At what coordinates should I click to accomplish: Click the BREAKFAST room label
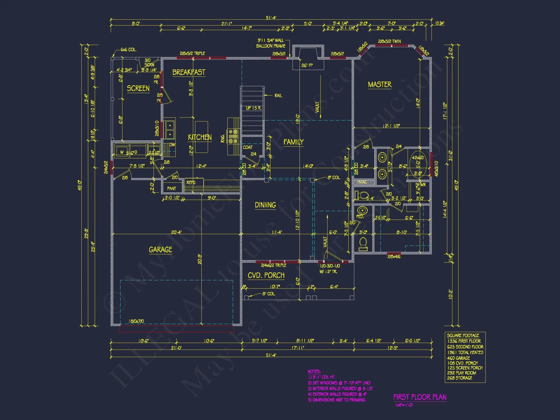tap(189, 72)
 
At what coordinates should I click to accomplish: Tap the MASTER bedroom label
tap(379, 85)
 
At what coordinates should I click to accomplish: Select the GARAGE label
tap(160, 249)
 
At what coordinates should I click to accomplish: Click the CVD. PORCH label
tap(266, 276)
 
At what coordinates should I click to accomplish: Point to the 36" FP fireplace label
tap(307, 66)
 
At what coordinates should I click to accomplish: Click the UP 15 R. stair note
tap(253, 108)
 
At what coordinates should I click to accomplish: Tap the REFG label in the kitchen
tap(191, 182)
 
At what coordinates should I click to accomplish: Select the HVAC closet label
tap(362, 182)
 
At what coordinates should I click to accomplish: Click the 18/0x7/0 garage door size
tap(136, 321)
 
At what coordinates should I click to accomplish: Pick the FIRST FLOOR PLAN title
tap(420, 397)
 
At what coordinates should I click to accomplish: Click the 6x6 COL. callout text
tap(129, 50)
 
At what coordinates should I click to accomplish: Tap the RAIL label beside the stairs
tap(278, 95)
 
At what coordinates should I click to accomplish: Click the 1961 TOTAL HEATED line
tap(465, 353)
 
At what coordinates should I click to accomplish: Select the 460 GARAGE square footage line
tap(458, 358)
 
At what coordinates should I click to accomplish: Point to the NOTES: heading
tap(314, 372)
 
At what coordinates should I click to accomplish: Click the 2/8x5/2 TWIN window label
tap(389, 41)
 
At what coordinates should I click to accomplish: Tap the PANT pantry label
tap(172, 188)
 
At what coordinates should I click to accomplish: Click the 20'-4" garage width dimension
tap(176, 232)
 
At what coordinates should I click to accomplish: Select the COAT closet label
tap(248, 147)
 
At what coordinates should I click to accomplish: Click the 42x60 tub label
tap(417, 158)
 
